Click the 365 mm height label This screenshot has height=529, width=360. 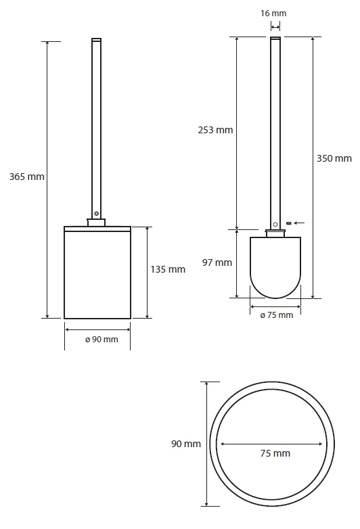[26, 177]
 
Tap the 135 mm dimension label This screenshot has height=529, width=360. [168, 269]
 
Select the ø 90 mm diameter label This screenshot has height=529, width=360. [102, 340]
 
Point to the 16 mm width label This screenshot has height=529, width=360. [273, 14]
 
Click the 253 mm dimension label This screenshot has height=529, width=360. [215, 130]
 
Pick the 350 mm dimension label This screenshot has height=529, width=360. [334, 158]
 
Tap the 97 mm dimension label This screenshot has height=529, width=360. [217, 262]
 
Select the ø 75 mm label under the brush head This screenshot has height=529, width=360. [277, 315]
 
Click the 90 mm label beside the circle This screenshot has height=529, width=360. [186, 444]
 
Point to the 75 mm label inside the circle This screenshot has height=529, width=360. [275, 453]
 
